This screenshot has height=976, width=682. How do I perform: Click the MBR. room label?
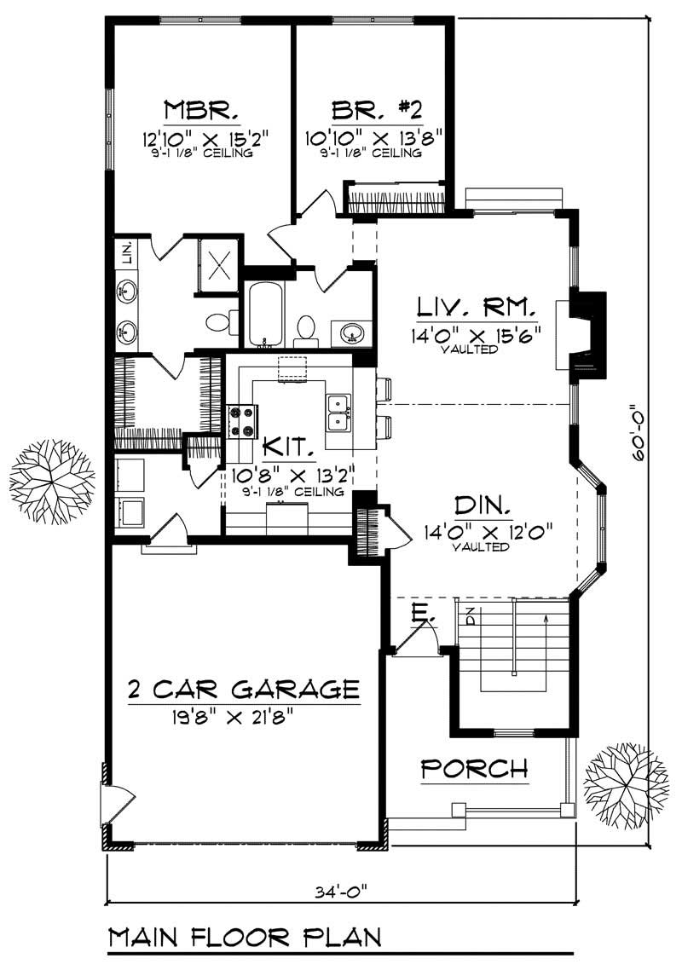pos(199,111)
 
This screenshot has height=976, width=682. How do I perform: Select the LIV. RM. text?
pos(476,306)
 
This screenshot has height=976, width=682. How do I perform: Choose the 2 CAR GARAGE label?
pos(243,688)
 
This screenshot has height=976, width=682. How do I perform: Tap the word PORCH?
pos(475,768)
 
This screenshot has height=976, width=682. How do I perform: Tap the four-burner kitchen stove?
pos(242,421)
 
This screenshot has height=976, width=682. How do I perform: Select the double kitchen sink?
pos(338,411)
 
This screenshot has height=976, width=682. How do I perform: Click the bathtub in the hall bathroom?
pos(264,315)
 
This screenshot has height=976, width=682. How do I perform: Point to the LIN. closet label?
pos(126,253)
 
